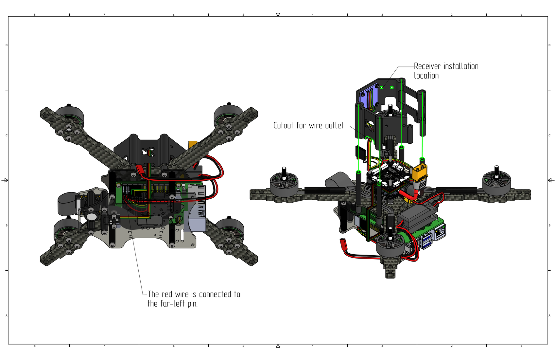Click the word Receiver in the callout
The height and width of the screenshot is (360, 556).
coord(427,66)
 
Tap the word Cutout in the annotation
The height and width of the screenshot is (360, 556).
coord(283,126)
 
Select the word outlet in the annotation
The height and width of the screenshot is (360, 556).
coord(334,126)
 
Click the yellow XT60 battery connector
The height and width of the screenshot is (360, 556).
coord(420,172)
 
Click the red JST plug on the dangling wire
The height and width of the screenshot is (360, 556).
coord(343,244)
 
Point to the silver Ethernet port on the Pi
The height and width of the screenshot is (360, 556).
coord(439,233)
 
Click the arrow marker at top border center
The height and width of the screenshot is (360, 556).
coord(278,13)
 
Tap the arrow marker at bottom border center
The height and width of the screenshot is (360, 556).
coord(278,347)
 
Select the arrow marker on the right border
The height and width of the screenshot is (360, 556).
coord(551,180)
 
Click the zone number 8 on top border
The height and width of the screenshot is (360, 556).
coord(35,15)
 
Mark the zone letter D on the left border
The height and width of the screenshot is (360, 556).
coord(7,45)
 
